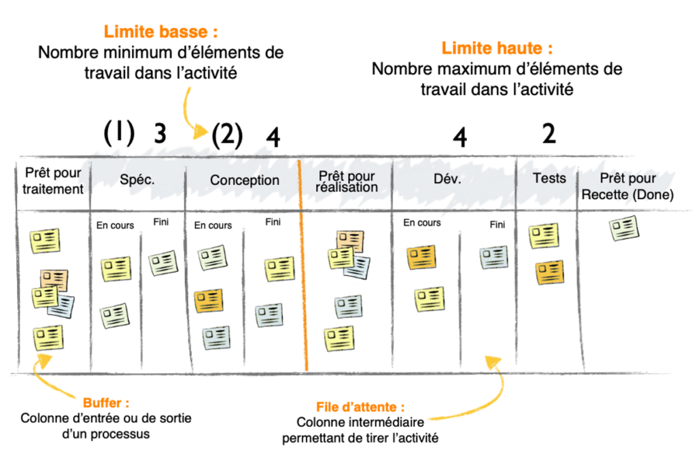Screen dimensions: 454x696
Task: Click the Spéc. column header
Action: (137, 180)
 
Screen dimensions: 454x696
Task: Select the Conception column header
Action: (244, 180)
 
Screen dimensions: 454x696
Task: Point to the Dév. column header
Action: (447, 179)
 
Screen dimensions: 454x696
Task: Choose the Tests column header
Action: (549, 178)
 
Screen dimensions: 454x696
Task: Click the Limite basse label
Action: (160, 32)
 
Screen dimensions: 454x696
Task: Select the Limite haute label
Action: (497, 48)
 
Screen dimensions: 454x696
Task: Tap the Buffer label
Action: (105, 403)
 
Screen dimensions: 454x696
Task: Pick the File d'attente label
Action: (360, 407)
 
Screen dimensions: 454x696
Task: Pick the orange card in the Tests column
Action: (549, 272)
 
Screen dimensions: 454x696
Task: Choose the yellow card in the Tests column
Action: (544, 236)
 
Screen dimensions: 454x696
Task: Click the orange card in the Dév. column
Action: (421, 257)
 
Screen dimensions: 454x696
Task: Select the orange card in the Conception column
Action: (209, 300)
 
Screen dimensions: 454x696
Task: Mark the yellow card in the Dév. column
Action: (430, 298)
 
